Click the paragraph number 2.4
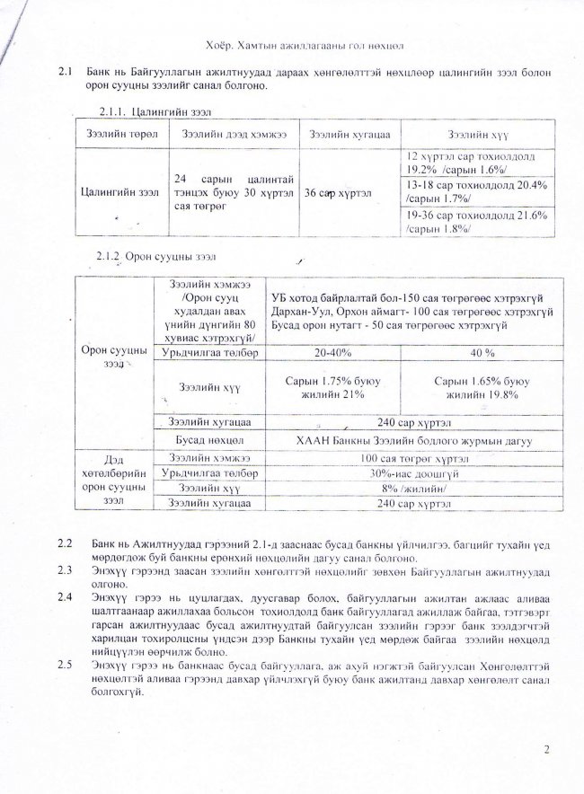coord(65,596)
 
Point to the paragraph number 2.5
coord(65,664)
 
